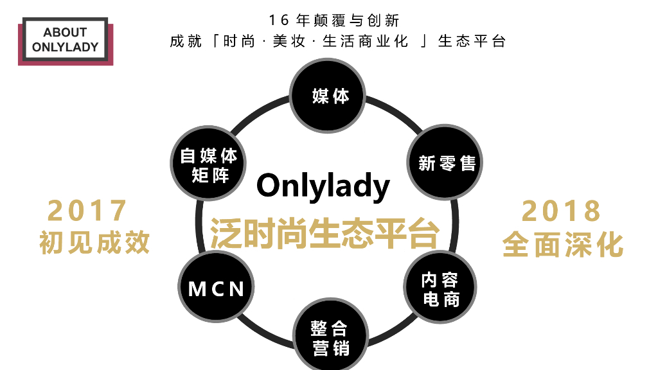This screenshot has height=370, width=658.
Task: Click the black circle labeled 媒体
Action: point(330,96)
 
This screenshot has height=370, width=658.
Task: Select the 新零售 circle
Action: point(447,163)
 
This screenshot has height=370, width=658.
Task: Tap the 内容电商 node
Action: point(440,290)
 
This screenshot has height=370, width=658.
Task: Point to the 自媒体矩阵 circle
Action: point(209,165)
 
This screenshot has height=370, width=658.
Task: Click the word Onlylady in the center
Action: point(323,186)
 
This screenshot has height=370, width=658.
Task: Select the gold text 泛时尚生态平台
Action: point(325,233)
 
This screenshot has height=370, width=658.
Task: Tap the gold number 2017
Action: point(88,211)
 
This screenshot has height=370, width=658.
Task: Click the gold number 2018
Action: point(562,211)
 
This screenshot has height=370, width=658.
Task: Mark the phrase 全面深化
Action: point(563,245)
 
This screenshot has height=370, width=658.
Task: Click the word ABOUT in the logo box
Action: point(65,33)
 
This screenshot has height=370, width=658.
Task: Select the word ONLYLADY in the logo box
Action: point(65,47)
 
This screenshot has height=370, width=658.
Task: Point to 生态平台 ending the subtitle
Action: point(472,42)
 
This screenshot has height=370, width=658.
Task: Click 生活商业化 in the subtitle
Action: point(365,42)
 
